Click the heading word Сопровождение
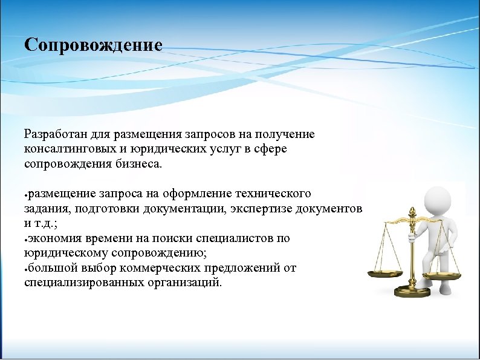click(x=94, y=46)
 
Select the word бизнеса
click(x=141, y=163)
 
